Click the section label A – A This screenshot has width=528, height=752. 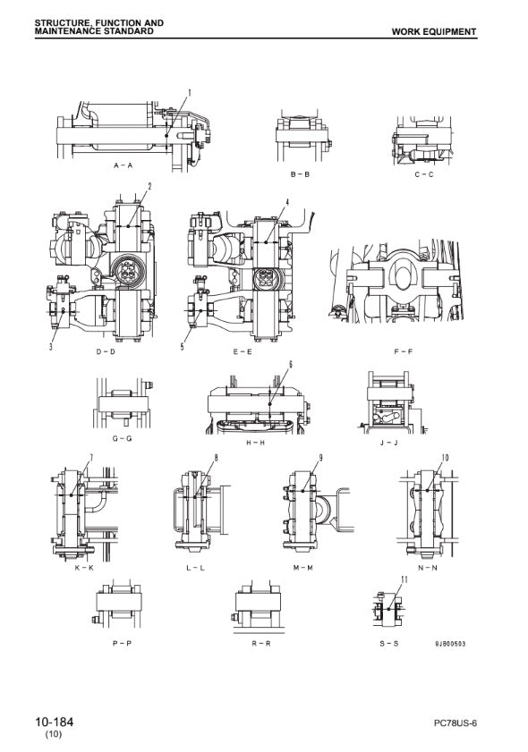click(x=123, y=165)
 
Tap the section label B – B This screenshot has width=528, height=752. click(x=300, y=174)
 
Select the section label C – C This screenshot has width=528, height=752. click(x=424, y=174)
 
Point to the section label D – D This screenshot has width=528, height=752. click(x=106, y=351)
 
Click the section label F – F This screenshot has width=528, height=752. click(x=404, y=351)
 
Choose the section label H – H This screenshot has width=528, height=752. click(x=255, y=443)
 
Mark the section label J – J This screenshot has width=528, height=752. click(x=388, y=443)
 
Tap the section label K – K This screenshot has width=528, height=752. click(x=84, y=568)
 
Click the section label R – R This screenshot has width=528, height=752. click(x=261, y=643)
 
